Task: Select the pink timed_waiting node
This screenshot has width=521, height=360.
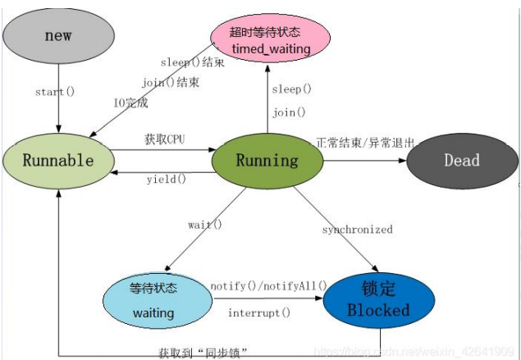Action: pyautogui.click(x=270, y=39)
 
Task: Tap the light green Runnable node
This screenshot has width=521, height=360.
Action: pyautogui.click(x=57, y=159)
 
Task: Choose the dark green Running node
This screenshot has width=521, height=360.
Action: pyautogui.click(x=267, y=159)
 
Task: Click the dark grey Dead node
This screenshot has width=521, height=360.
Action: pyautogui.click(x=462, y=160)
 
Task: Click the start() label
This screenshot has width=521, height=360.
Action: pyautogui.click(x=55, y=91)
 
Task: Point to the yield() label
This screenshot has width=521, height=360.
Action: pyautogui.click(x=167, y=179)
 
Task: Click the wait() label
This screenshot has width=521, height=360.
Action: pyautogui.click(x=205, y=224)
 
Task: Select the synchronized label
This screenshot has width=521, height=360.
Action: pyautogui.click(x=357, y=230)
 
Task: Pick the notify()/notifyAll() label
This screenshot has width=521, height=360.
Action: pyautogui.click(x=268, y=285)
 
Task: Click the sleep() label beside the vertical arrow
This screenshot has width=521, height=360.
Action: pyautogui.click(x=291, y=89)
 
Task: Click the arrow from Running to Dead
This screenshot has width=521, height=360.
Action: pyautogui.click(x=365, y=160)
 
